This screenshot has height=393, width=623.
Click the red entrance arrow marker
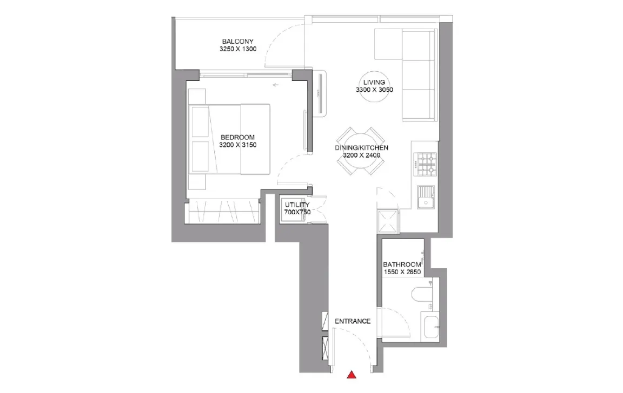coord(352,375)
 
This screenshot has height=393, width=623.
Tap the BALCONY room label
coord(237,41)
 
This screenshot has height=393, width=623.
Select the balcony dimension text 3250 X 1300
coord(238,49)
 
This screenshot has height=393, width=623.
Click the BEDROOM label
coord(237,137)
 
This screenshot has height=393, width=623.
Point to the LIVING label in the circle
coord(374,82)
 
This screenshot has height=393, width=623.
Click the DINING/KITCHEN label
coord(362,147)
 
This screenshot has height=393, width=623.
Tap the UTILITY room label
coord(297,205)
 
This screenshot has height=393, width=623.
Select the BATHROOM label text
coord(402,265)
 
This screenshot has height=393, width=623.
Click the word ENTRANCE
coord(353,321)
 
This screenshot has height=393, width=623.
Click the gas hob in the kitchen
coord(425,165)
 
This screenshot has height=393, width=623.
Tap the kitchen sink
coord(426,197)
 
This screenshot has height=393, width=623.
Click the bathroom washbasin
coord(430,327)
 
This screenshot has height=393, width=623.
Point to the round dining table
coord(360,151)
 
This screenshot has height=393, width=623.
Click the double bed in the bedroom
coord(229,139)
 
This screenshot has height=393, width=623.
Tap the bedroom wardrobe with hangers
coord(223,212)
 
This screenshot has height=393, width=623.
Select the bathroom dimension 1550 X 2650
coord(402,272)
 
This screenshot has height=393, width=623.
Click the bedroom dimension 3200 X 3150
coord(237,145)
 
